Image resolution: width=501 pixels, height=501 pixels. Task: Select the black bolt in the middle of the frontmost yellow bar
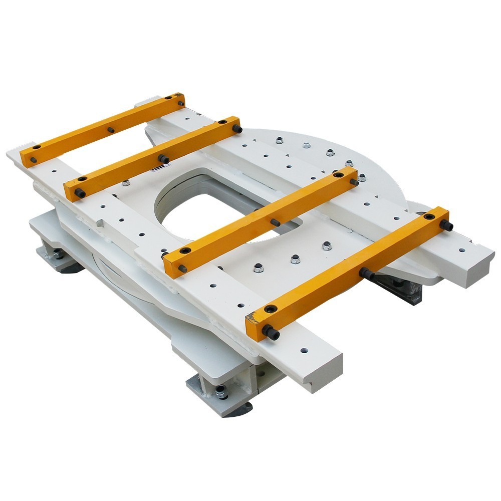pos(364,273)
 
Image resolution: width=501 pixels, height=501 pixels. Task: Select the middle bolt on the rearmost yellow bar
pos(111,130)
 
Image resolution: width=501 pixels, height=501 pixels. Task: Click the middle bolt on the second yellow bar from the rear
pos(163,158)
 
